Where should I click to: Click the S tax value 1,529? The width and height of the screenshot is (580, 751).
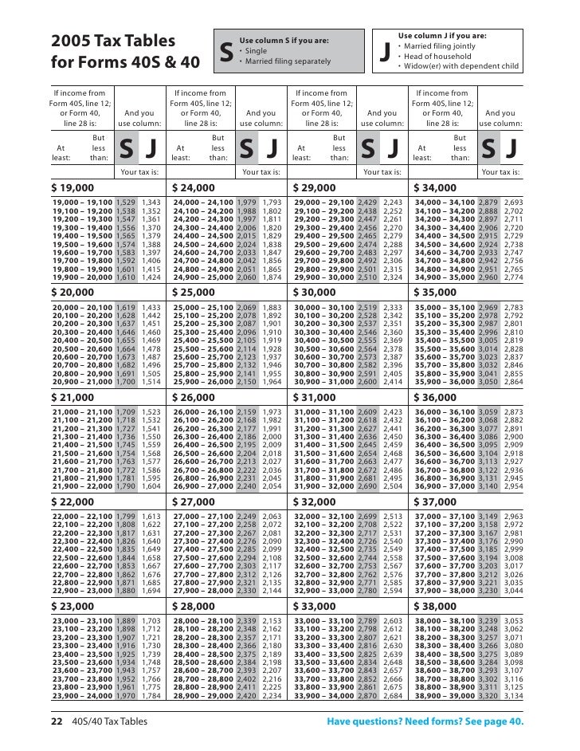pos(126,204)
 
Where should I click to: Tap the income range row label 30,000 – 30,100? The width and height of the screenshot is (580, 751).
pos(324,308)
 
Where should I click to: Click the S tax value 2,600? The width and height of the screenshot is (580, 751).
pos(367,382)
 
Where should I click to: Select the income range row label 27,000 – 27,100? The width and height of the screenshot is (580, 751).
pos(203,517)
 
